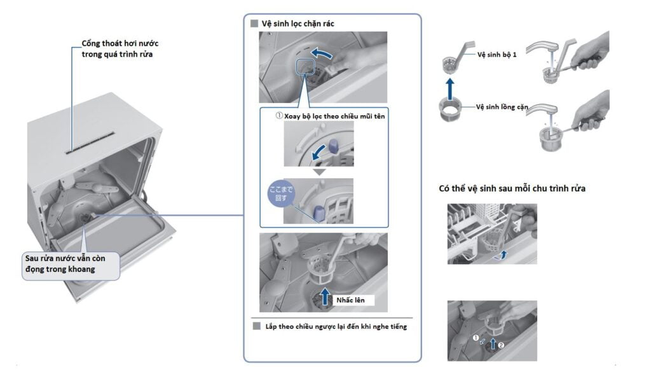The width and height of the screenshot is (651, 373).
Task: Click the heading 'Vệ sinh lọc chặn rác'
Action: point(298,24)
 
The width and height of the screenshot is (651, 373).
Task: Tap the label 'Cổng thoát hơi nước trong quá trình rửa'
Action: point(120,48)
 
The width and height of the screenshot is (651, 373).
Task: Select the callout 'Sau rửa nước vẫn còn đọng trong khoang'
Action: point(71,264)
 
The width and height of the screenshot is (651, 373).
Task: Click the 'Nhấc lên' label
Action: point(350,300)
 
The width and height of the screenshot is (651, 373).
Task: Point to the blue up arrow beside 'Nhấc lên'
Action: point(325,297)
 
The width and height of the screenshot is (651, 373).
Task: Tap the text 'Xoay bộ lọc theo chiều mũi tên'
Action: point(334,116)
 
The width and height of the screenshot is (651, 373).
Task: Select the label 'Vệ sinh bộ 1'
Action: point(497,55)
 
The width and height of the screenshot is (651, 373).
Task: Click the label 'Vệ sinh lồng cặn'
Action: point(502,107)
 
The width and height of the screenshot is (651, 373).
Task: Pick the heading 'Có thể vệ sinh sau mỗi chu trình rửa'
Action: point(512,188)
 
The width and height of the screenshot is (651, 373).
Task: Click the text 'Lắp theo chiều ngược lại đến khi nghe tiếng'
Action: point(336,327)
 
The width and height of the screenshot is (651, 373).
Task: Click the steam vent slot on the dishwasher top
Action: point(90,143)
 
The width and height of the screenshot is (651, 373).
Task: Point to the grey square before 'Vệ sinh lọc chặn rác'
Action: point(254,24)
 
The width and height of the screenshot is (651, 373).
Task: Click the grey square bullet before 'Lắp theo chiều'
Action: point(257,326)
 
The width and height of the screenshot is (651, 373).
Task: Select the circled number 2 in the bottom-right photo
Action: point(501,345)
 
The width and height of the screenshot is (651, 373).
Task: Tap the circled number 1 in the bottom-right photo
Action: point(476,338)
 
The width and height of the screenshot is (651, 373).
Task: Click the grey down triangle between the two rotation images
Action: point(319,172)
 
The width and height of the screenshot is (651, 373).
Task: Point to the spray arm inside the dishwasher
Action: point(96,188)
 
